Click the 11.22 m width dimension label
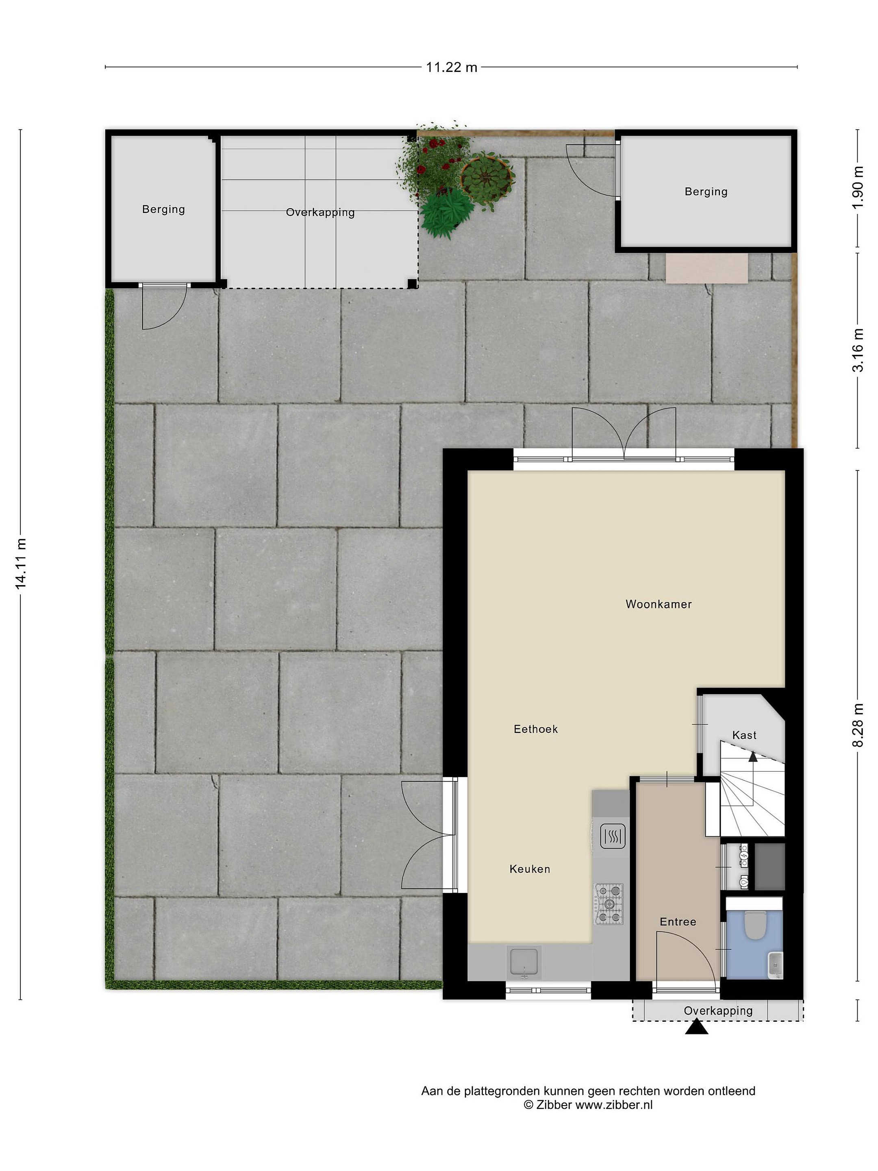coord(452,67)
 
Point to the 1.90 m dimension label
coord(858,187)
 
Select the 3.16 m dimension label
coord(858,350)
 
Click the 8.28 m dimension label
coord(858,725)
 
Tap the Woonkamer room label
coord(658,604)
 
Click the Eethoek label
coord(536,729)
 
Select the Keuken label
coord(530,869)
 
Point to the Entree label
coord(678,922)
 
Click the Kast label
coord(744,735)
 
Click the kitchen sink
coord(524,962)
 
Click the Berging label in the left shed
coord(163,210)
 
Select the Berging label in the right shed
coord(706,192)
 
